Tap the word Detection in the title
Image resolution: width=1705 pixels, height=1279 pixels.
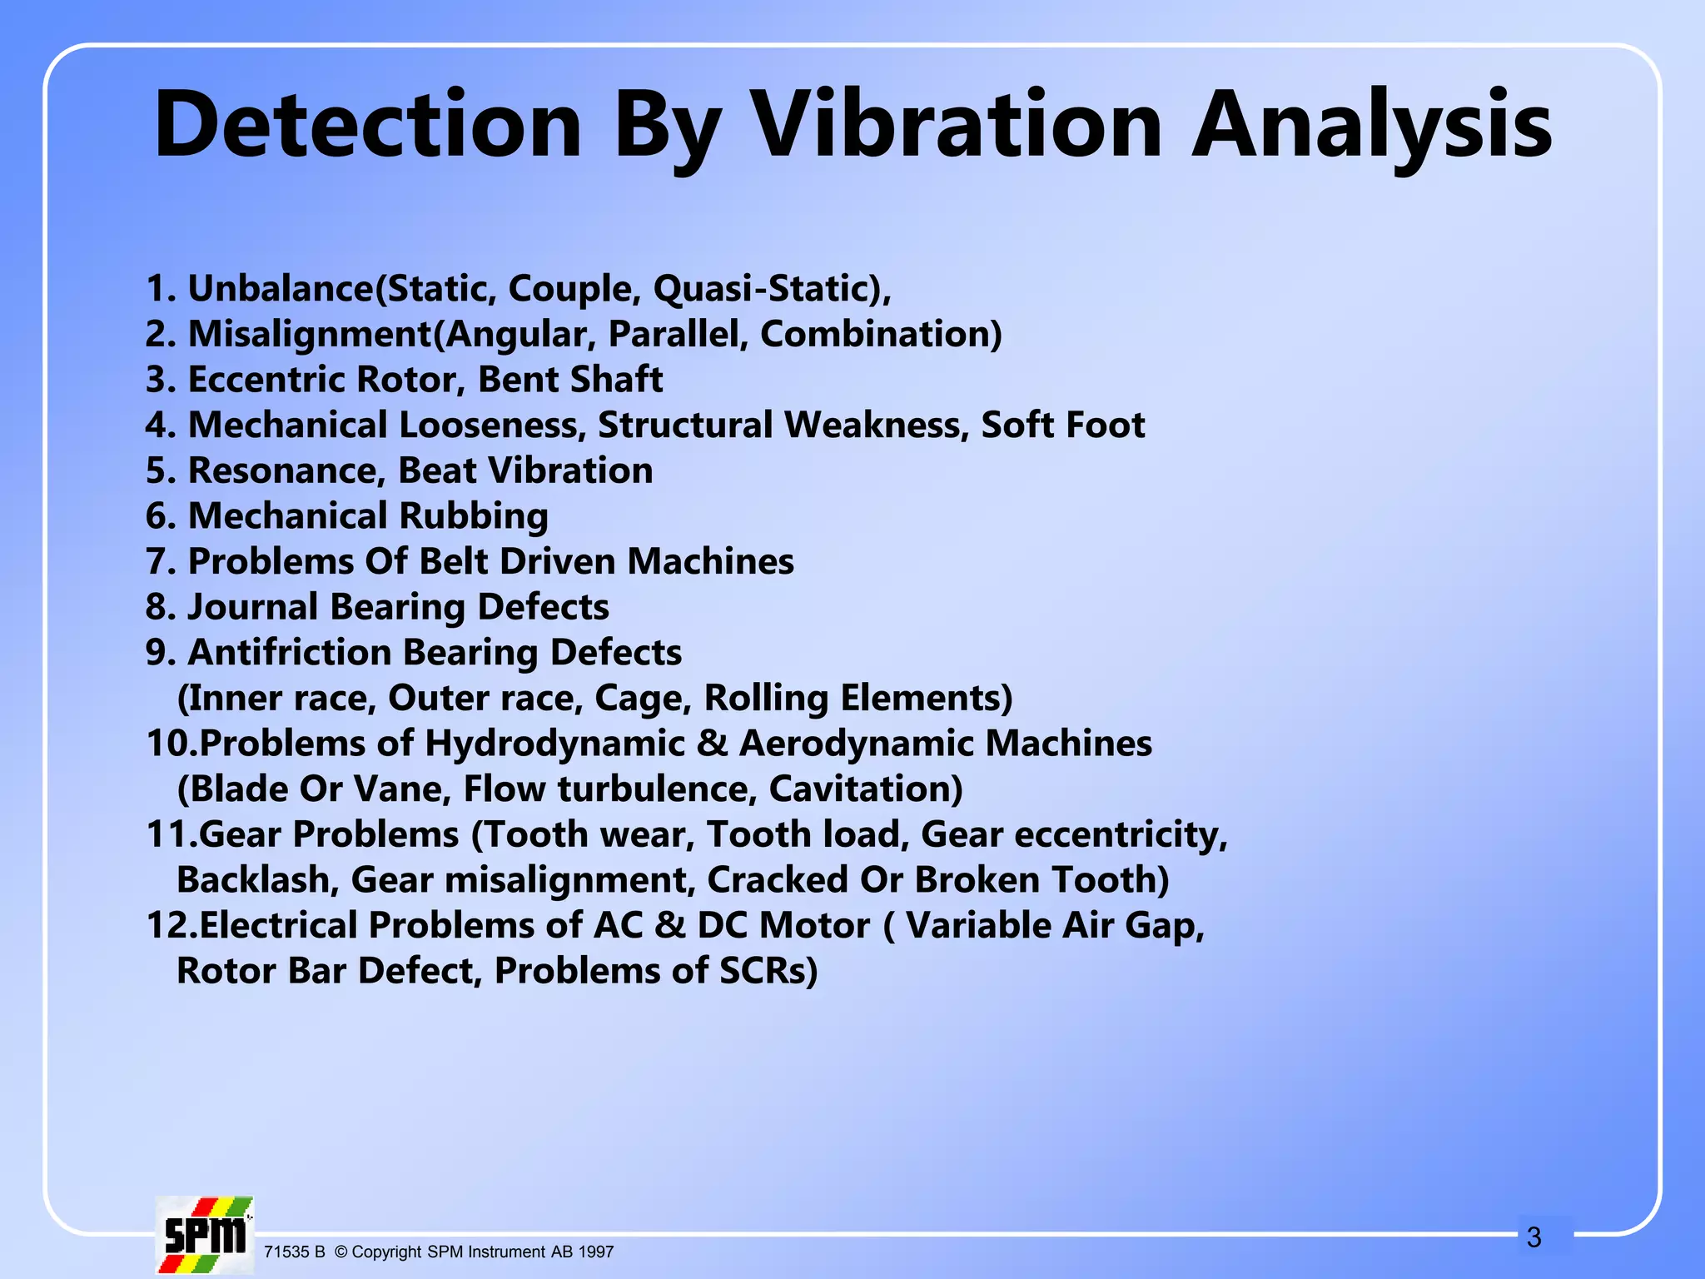pyautogui.click(x=368, y=125)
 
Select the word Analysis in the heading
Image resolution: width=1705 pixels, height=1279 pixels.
pyautogui.click(x=1372, y=125)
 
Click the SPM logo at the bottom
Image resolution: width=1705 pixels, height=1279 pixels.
pyautogui.click(x=205, y=1235)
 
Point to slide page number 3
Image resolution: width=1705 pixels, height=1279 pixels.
pyautogui.click(x=1534, y=1237)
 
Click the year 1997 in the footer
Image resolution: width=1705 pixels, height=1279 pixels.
pyautogui.click(x=595, y=1252)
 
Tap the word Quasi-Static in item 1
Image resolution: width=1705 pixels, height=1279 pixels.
pyautogui.click(x=766, y=288)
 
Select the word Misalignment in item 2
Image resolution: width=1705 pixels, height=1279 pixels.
pyautogui.click(x=310, y=334)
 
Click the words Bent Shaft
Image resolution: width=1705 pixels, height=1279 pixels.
pyautogui.click(x=570, y=380)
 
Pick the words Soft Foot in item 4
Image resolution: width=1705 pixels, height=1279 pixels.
pyautogui.click(x=1062, y=425)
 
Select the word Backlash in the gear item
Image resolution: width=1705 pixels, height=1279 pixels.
pyautogui.click(x=257, y=880)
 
